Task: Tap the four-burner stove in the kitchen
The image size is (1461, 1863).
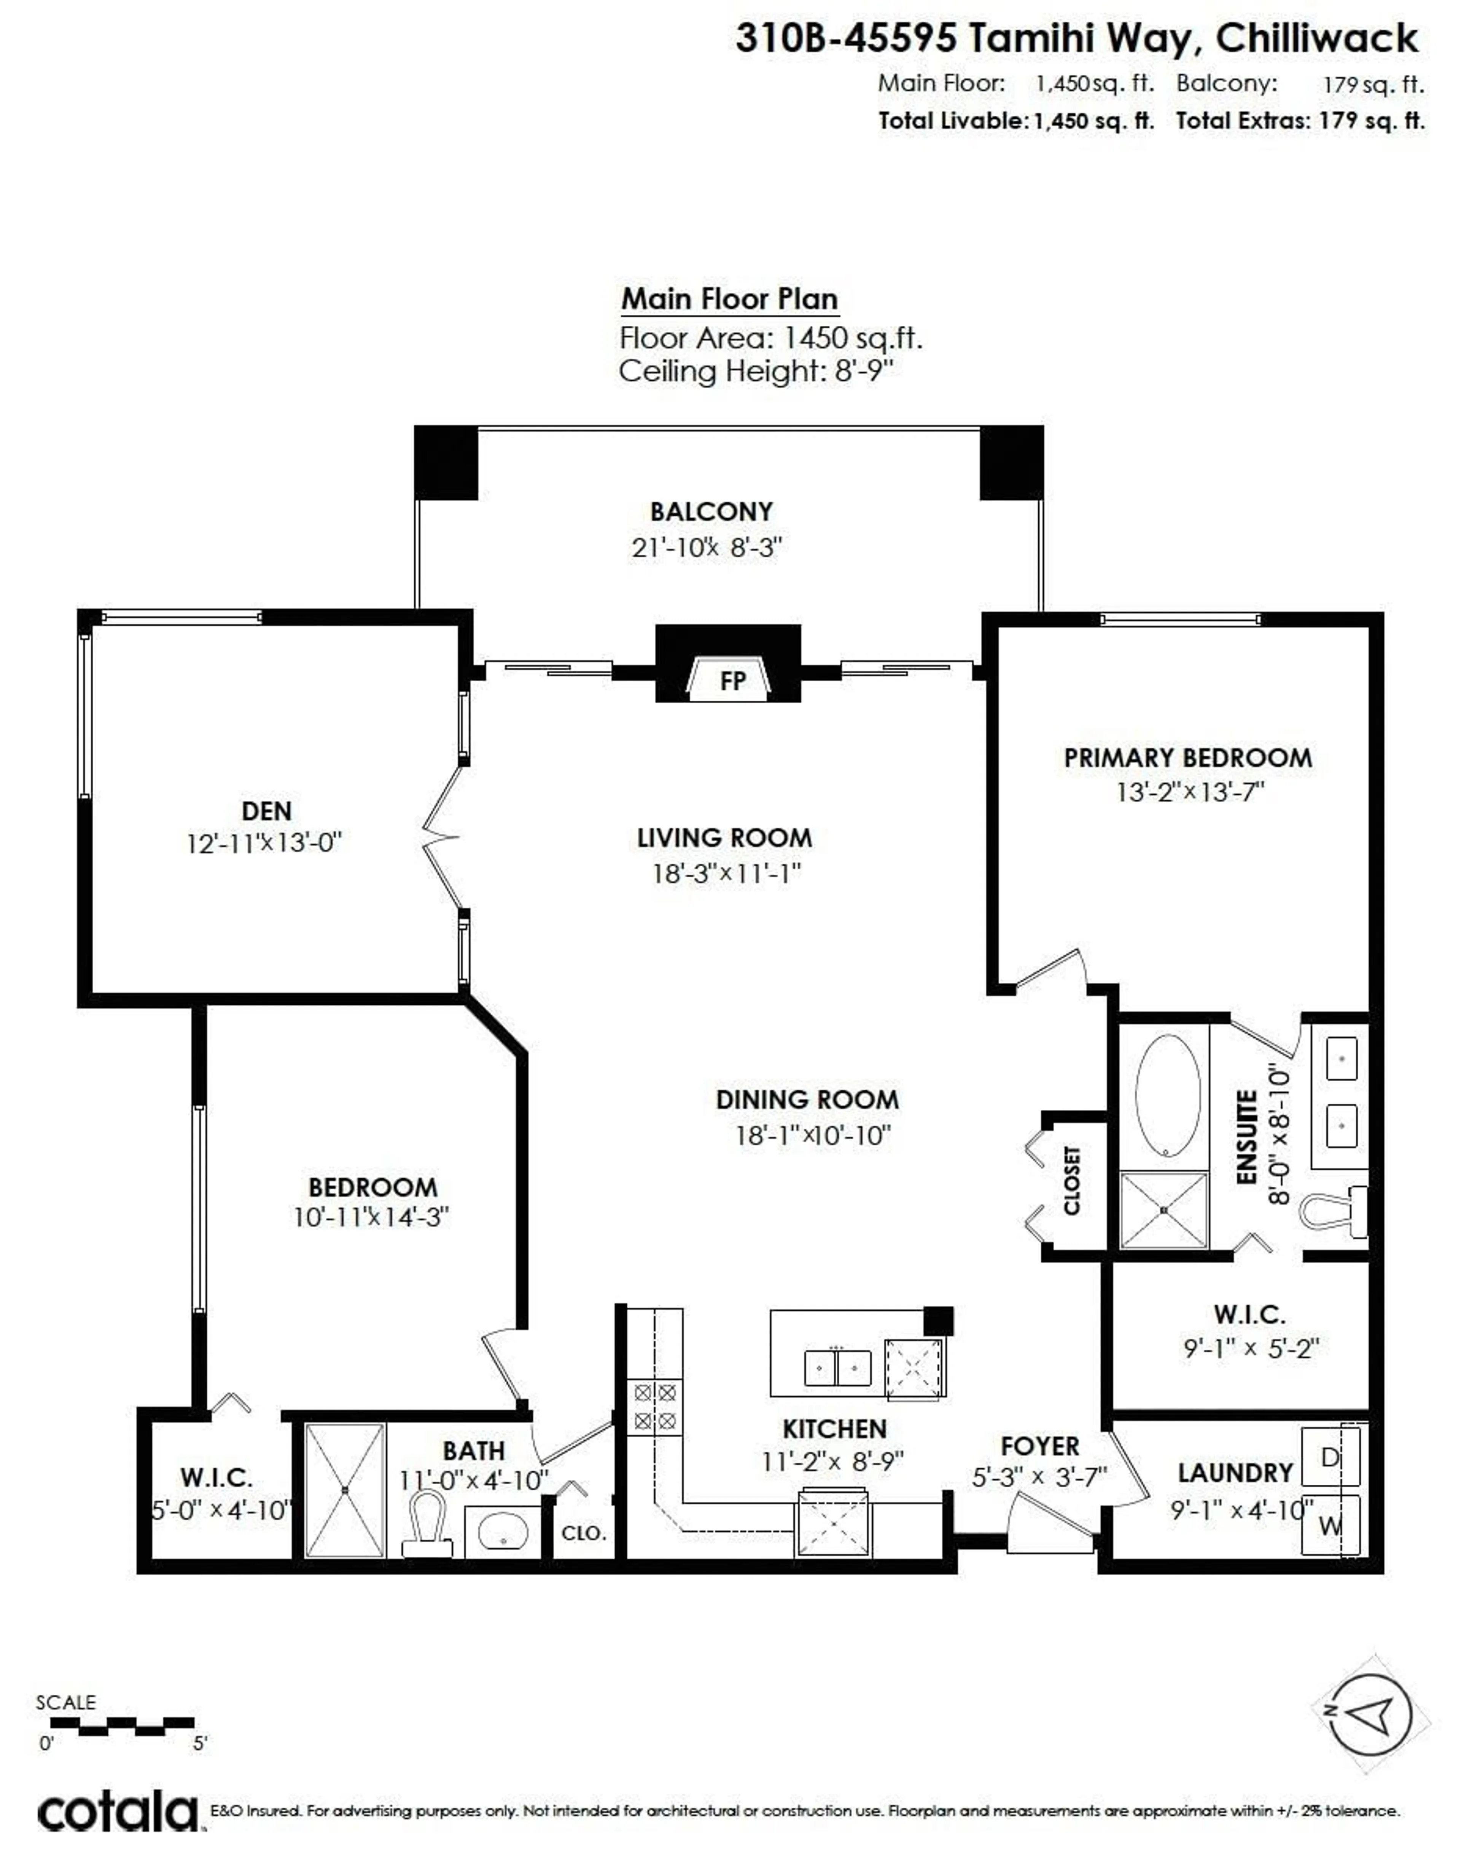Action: [655, 1407]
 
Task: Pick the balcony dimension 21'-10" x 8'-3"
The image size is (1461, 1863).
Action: [707, 548]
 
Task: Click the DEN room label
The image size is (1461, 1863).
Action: [266, 810]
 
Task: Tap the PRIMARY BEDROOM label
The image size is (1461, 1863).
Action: [1187, 757]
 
